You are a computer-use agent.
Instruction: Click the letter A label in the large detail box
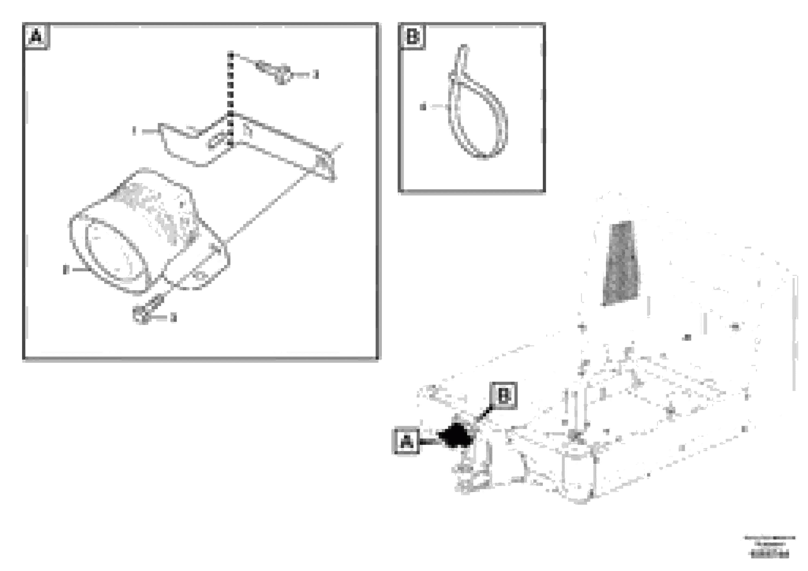tap(37, 36)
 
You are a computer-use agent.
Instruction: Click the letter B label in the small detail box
tap(413, 36)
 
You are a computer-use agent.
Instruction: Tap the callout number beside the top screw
tap(316, 75)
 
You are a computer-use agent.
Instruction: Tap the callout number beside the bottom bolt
tap(173, 318)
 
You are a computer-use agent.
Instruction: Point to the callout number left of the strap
tap(423, 107)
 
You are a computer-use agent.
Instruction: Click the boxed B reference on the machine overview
tap(503, 396)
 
